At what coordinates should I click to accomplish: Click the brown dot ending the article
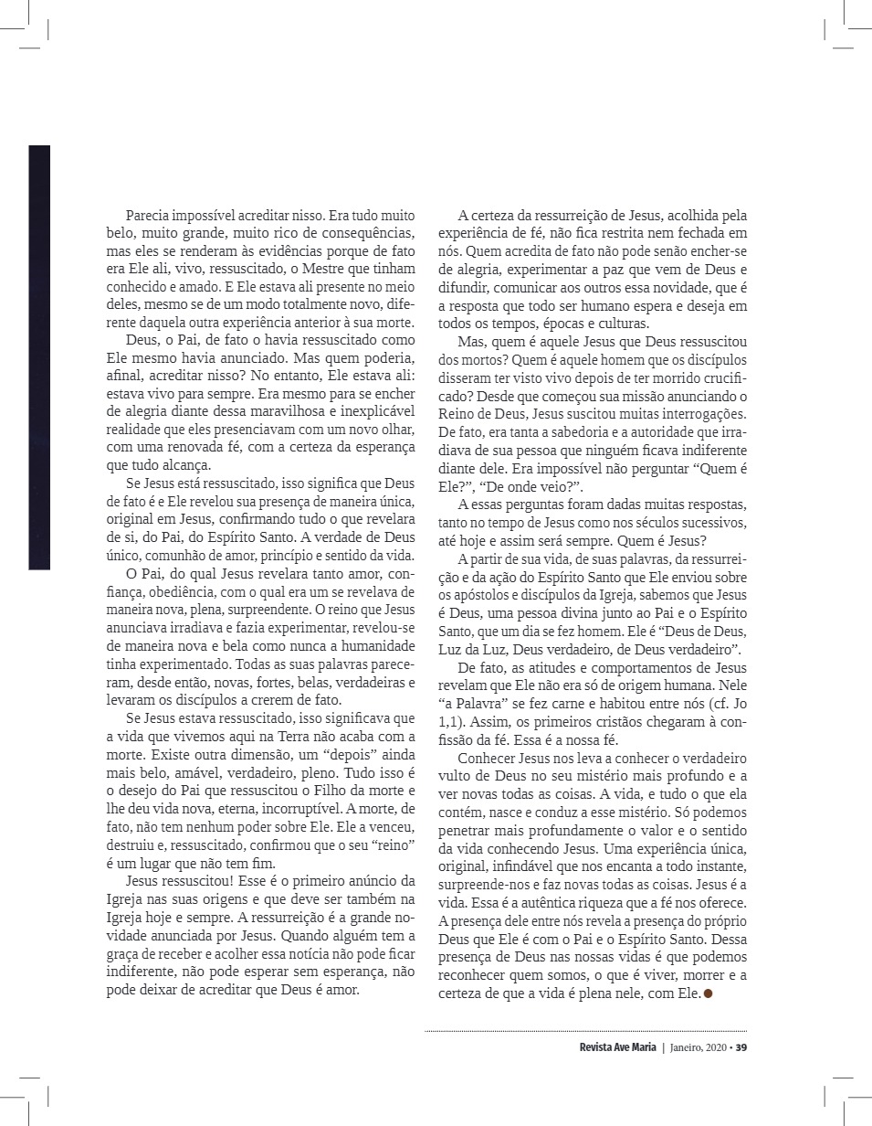(708, 995)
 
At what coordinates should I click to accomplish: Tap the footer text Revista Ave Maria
(617, 1047)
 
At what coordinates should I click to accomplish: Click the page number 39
(741, 1047)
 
